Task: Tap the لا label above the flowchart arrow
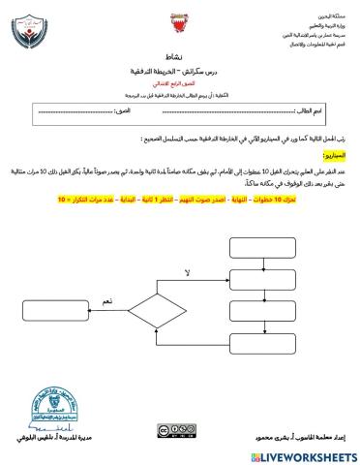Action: coord(187,261)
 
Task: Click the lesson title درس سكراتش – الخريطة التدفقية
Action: coord(179,73)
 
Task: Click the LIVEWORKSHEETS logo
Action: coord(308,455)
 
